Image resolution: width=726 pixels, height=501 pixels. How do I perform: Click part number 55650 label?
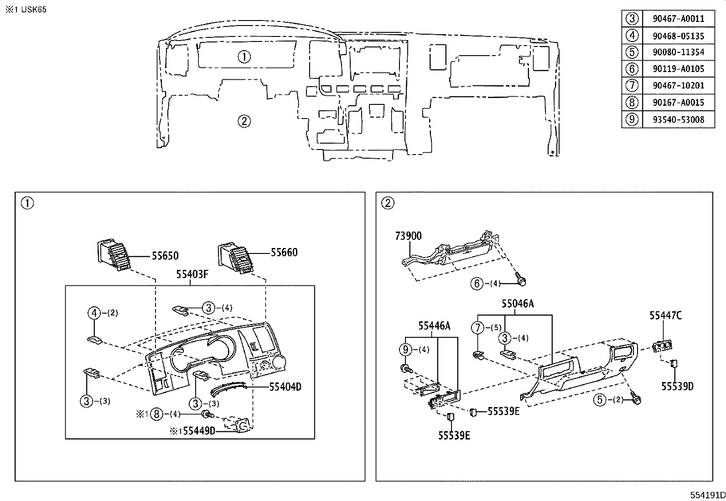pyautogui.click(x=165, y=256)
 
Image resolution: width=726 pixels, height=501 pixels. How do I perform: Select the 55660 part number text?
pyautogui.click(x=284, y=253)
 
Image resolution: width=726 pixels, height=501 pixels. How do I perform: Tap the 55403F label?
pyautogui.click(x=192, y=274)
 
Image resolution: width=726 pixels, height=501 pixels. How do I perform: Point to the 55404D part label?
pyautogui.click(x=285, y=387)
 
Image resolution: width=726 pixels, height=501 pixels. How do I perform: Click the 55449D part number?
pyautogui.click(x=199, y=431)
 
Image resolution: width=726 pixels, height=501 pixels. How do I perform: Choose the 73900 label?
pyautogui.click(x=408, y=236)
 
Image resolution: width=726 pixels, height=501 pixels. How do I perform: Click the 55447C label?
pyautogui.click(x=666, y=315)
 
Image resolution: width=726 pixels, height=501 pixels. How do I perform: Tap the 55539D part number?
pyautogui.click(x=678, y=386)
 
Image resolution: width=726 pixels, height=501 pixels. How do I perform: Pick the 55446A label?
pyautogui.click(x=435, y=325)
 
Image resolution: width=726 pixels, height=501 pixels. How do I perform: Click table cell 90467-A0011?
pyautogui.click(x=678, y=19)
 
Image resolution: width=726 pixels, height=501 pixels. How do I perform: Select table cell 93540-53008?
pyautogui.click(x=678, y=119)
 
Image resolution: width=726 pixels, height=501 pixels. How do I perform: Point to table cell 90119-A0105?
pyautogui.click(x=678, y=69)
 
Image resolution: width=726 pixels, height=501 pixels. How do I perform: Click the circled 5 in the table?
pyautogui.click(x=632, y=52)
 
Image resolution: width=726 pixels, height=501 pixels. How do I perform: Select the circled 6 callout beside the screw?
pyautogui.click(x=477, y=284)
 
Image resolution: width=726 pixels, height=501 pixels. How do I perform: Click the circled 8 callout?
pyautogui.click(x=156, y=414)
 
